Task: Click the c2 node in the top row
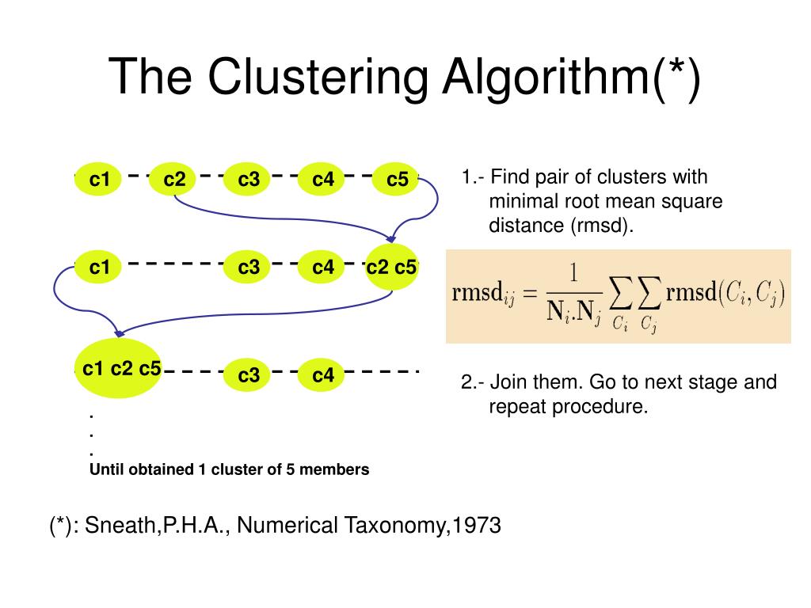click(x=174, y=180)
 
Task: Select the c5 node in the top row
click(x=397, y=180)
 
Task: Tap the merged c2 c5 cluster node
click(x=391, y=268)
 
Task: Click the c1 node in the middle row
click(x=100, y=268)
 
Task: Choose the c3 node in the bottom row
click(x=249, y=375)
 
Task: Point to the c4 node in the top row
click(x=323, y=180)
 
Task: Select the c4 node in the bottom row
click(x=323, y=375)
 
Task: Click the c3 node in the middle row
click(x=249, y=268)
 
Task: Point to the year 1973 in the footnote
click(x=474, y=525)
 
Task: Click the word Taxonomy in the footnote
click(x=391, y=525)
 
